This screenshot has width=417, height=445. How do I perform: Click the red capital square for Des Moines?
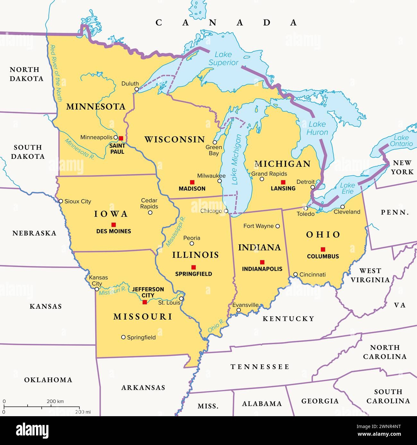click(x=114, y=224)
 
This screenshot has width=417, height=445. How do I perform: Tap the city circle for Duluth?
click(x=137, y=89)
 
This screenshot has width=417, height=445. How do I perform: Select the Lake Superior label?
click(x=224, y=59)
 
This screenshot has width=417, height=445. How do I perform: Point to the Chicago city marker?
click(x=226, y=211)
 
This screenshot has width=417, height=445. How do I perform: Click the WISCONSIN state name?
click(x=174, y=139)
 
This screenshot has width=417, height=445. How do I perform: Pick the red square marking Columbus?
click(x=323, y=249)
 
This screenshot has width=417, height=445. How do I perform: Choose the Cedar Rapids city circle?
click(x=150, y=213)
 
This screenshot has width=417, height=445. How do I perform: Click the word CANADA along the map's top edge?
click(x=226, y=22)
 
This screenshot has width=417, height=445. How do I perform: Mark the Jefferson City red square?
click(x=145, y=302)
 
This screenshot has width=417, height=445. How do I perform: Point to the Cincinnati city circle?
click(x=295, y=274)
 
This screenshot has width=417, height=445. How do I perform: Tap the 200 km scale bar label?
click(x=55, y=401)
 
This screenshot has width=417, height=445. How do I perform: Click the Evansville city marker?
click(x=239, y=310)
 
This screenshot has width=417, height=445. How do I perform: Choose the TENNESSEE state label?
click(x=260, y=367)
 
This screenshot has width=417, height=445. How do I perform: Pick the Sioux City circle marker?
click(x=61, y=201)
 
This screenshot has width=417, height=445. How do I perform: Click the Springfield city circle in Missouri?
click(x=123, y=337)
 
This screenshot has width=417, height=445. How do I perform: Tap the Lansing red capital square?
click(x=283, y=182)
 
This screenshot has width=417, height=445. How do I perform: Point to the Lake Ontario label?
click(x=401, y=141)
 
